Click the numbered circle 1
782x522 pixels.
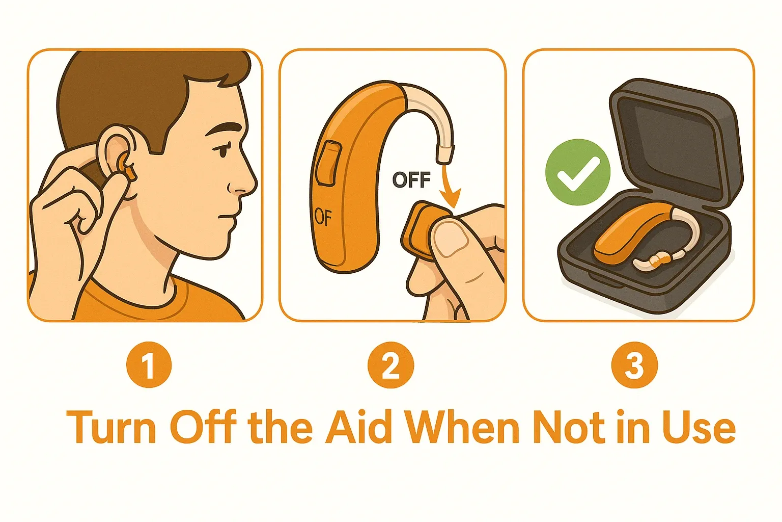(x=149, y=365)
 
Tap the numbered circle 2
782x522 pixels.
(x=390, y=365)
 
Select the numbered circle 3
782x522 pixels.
(x=634, y=365)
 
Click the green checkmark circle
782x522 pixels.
(x=578, y=172)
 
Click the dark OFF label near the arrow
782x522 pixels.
(x=411, y=180)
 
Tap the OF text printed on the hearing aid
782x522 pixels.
(x=323, y=217)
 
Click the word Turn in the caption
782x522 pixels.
(x=111, y=427)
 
